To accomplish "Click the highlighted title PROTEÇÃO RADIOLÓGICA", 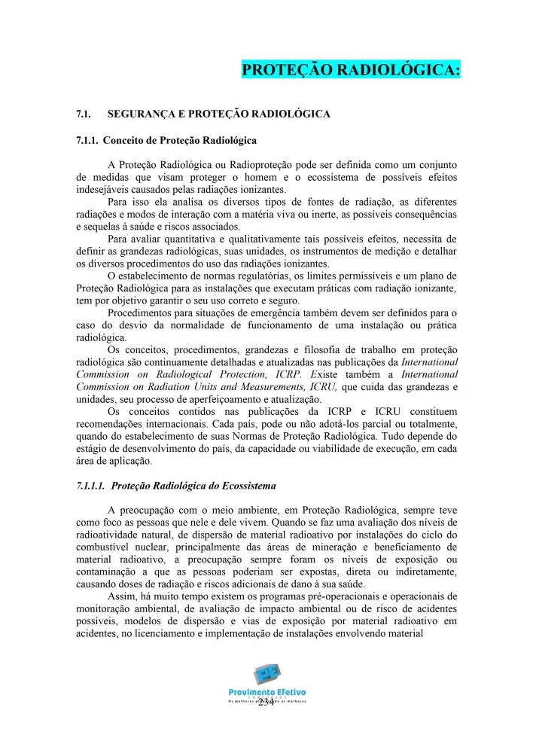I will pyautogui.click(x=350, y=70).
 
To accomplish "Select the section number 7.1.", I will pyautogui.click(x=84, y=114).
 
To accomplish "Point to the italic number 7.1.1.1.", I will pyautogui.click(x=90, y=486).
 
